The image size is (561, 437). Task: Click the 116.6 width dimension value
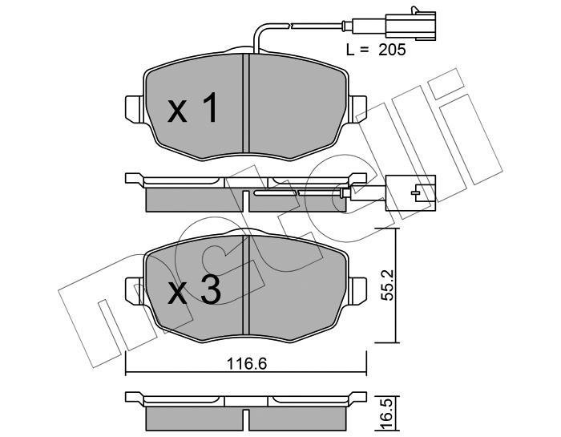(248, 364)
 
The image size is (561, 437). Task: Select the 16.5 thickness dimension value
(388, 414)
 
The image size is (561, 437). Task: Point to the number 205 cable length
(392, 50)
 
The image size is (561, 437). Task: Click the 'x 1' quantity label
(193, 108)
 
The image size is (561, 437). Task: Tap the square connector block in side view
(410, 193)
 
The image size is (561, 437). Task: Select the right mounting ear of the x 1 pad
(357, 109)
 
